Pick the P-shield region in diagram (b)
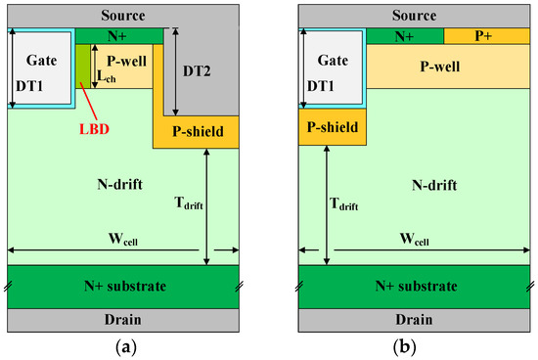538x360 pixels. [331, 127]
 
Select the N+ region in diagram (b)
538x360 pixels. [404, 36]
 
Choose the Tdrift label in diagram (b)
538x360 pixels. [345, 204]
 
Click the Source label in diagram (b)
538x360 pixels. [415, 15]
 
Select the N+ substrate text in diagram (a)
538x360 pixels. [123, 286]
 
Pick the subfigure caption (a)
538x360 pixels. [123, 347]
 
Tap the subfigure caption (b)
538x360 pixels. [415, 347]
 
